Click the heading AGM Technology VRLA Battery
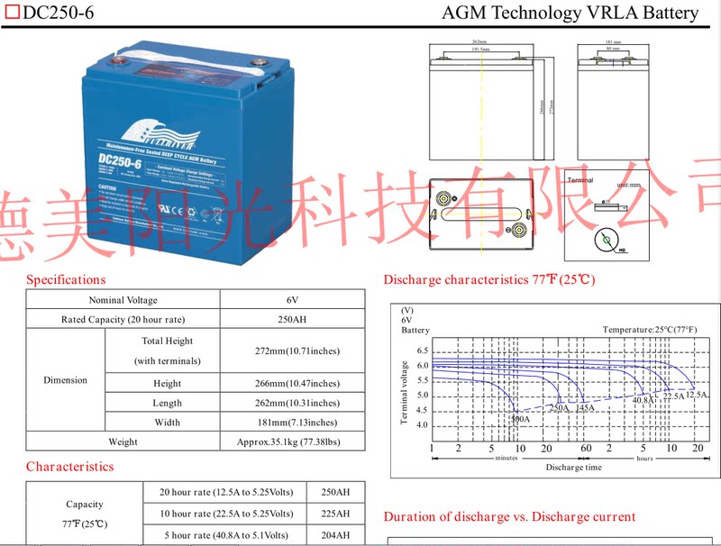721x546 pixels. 570,13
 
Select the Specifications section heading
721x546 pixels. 66,279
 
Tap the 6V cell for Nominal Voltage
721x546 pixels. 292,300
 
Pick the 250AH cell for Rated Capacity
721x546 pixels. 292,320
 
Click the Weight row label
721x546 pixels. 123,441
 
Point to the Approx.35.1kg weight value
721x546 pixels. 292,441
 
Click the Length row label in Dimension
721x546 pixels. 167,403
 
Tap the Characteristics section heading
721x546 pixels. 69,467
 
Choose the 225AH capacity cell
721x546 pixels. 335,514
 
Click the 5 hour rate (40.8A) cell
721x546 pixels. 226,534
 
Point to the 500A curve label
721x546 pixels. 519,420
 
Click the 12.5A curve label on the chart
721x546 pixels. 697,396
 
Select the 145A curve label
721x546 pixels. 585,408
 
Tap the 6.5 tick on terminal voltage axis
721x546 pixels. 422,350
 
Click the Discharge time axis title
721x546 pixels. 573,468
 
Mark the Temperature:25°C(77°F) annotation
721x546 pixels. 649,330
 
